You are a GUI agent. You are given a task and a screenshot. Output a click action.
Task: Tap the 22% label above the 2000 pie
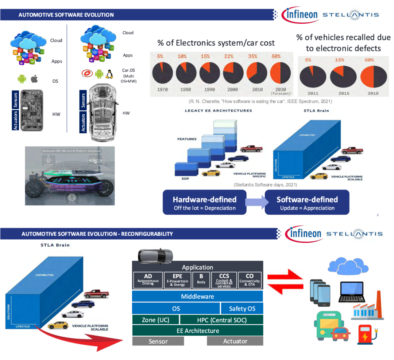[x=229, y=56]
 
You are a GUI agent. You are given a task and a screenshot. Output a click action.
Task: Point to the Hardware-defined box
[x=204, y=203]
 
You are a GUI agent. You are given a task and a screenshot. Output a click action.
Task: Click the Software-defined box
[x=307, y=203]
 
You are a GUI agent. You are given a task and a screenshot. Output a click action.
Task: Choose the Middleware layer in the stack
[x=197, y=296]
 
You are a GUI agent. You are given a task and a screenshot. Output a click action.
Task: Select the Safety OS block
[x=242, y=309]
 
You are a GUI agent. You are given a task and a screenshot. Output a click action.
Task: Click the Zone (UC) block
[x=156, y=320]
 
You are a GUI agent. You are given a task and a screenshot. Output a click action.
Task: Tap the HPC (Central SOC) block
[x=222, y=320]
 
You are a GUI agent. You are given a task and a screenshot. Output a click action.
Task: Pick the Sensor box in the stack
[x=158, y=341]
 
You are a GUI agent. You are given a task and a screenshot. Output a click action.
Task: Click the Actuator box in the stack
[x=235, y=341]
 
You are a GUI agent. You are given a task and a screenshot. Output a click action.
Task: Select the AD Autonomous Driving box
[x=148, y=279]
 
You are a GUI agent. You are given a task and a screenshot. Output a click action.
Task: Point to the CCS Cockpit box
[x=224, y=280]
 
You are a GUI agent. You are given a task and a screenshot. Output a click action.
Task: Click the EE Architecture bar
[x=197, y=331]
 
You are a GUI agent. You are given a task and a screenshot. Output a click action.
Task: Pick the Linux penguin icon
[x=109, y=74]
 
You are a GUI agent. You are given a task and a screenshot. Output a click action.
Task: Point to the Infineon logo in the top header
[x=301, y=15]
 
